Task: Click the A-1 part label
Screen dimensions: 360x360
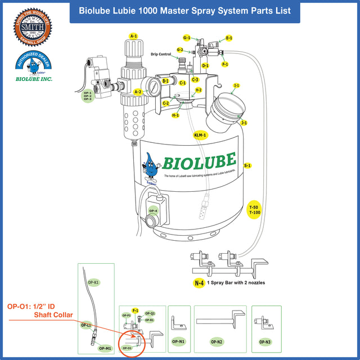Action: (133, 36)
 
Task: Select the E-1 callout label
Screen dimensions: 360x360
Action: (229, 38)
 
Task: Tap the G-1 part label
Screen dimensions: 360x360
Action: (187, 38)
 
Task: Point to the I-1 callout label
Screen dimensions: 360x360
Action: (237, 85)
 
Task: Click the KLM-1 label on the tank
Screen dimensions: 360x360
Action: (200, 136)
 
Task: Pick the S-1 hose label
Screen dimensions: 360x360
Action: (247, 166)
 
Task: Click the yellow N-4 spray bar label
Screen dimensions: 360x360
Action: (199, 283)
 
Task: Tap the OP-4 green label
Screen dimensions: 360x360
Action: (153, 211)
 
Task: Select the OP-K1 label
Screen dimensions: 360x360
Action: (93, 282)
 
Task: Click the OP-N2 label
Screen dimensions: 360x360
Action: (217, 341)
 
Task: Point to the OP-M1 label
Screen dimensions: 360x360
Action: (105, 348)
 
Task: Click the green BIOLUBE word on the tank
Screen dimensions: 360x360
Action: (199, 161)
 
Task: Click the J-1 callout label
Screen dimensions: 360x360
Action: (244, 122)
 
